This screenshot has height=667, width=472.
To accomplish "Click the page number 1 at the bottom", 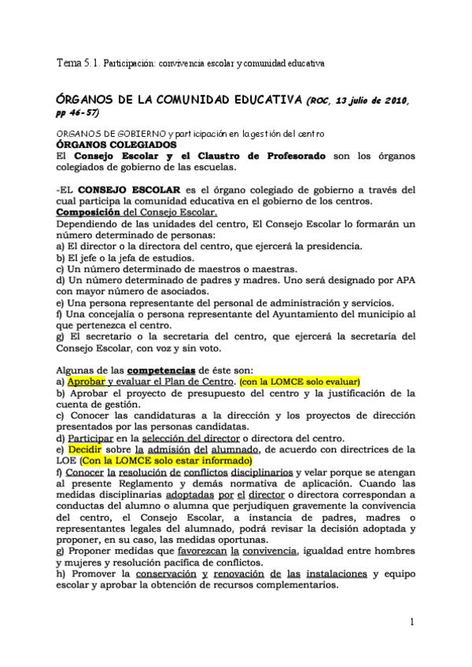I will [411, 622].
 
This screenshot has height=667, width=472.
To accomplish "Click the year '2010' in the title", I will [388, 101].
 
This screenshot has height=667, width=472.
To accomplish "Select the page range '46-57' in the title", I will [88, 112].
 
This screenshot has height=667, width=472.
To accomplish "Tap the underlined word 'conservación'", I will [190, 573].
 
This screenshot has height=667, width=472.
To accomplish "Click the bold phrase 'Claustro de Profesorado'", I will [260, 157].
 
